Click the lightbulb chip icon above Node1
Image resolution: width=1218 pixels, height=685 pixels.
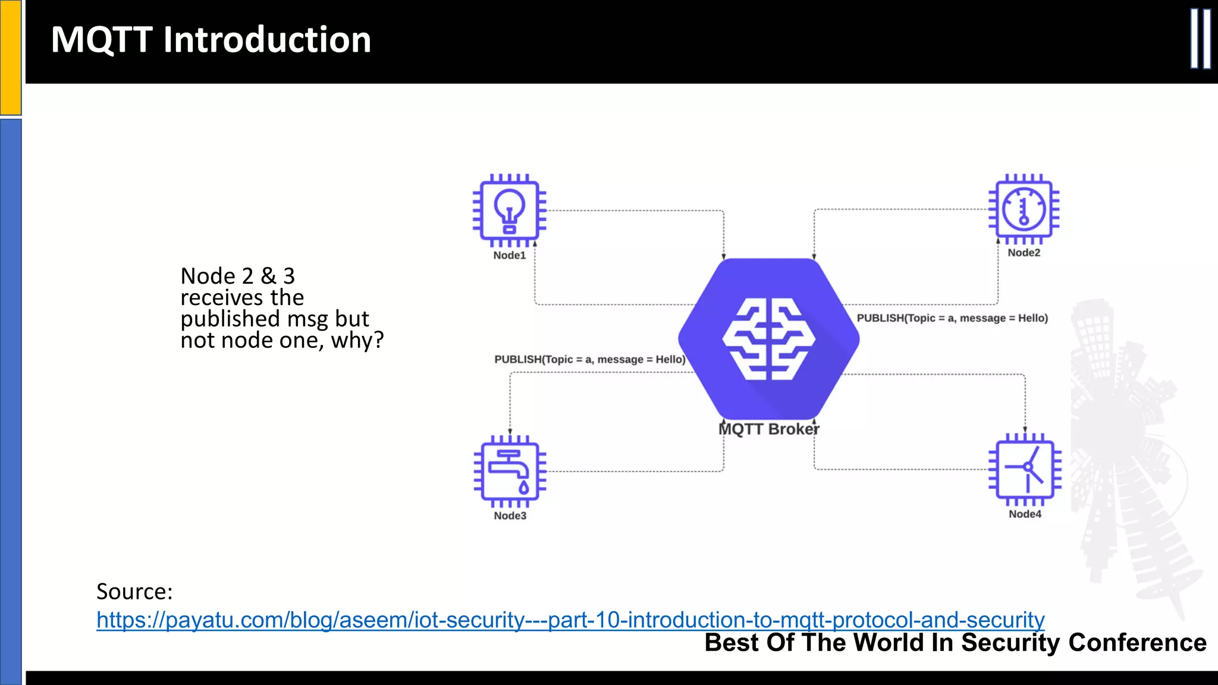[509, 210]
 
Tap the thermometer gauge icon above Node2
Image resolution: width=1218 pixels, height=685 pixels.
[1024, 209]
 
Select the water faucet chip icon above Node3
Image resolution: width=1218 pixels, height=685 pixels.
[510, 471]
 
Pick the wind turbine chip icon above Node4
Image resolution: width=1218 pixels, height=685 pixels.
[1025, 469]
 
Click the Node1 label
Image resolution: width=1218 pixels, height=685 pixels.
[510, 255]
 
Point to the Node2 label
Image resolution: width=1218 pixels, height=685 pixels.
[1024, 253]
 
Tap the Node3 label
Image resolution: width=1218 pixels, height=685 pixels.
[510, 516]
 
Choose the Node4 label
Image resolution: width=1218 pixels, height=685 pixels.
[1025, 514]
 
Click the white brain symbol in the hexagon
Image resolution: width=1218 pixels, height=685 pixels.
[768, 339]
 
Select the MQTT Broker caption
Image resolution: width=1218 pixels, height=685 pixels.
[768, 429]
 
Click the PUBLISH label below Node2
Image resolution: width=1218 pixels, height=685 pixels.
[952, 318]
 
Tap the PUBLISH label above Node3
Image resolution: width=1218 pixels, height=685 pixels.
[589, 359]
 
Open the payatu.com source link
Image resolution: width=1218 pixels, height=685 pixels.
[570, 620]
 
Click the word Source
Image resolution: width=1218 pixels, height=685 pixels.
[134, 592]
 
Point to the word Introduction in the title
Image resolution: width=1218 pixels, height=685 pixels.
[267, 40]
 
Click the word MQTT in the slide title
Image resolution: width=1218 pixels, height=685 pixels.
[102, 40]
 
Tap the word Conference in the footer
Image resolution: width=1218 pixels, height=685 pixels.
[1137, 643]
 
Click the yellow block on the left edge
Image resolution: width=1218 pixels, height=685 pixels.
[11, 57]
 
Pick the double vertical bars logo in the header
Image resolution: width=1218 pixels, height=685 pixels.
[1200, 39]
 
